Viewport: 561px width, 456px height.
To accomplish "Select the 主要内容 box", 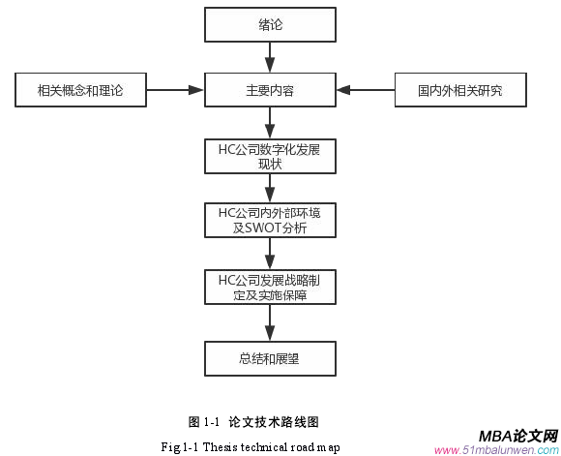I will pyautogui.click(x=270, y=90).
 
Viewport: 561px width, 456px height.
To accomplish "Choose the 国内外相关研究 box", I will pyautogui.click(x=460, y=90).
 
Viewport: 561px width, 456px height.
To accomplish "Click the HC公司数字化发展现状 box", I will pyautogui.click(x=270, y=157).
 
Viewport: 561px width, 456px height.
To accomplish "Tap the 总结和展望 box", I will pyautogui.click(x=270, y=357).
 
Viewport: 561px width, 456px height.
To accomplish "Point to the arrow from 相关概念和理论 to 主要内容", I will pyautogui.click(x=174, y=90).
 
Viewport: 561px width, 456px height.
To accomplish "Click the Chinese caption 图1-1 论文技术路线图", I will pyautogui.click(x=253, y=421).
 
